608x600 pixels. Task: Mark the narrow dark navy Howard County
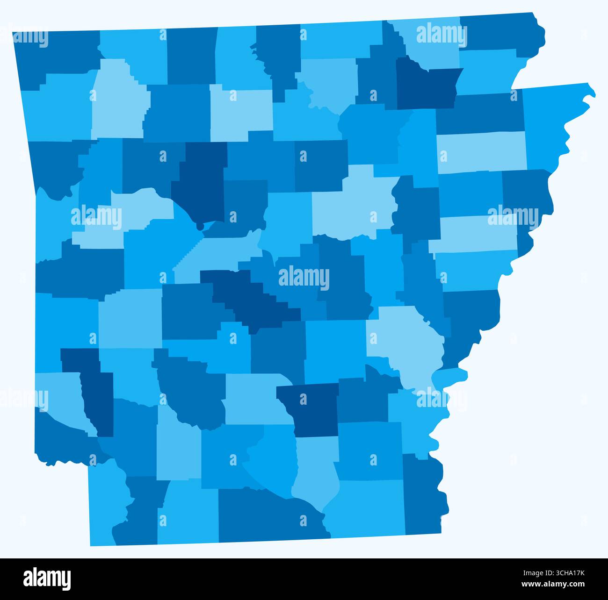tap(96, 393)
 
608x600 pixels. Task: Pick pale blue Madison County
tap(117, 103)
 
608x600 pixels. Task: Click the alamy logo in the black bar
tap(47, 579)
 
